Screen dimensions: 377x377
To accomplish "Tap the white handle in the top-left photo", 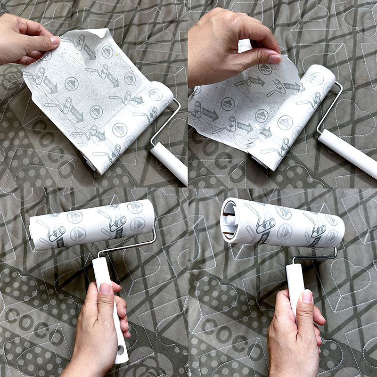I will pos(170,163).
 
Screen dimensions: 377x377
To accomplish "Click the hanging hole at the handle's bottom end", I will pos(121,351).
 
